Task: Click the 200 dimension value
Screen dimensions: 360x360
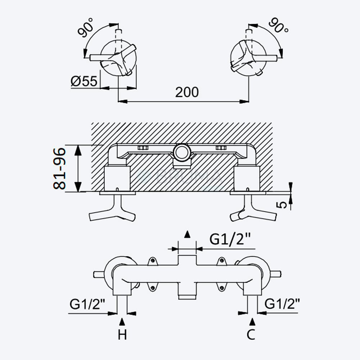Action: [x=187, y=92]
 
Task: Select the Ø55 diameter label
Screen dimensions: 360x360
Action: [x=84, y=81]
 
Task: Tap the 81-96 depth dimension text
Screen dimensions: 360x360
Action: [x=60, y=169]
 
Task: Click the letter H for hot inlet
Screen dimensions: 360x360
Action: [x=122, y=335]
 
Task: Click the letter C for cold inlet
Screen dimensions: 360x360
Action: [x=251, y=335]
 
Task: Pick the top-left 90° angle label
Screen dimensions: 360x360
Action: [x=86, y=27]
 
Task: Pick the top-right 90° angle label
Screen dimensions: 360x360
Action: [x=279, y=26]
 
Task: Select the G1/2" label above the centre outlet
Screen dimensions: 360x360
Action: [x=230, y=239]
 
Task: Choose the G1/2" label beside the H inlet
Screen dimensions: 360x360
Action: [x=87, y=304]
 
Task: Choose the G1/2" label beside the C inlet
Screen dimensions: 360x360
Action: [x=282, y=304]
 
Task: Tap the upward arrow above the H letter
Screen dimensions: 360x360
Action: [x=122, y=321]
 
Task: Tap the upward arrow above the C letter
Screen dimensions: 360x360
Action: [x=252, y=321]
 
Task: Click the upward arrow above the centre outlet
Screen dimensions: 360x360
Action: [x=187, y=234]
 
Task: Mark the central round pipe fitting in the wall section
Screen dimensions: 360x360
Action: [x=182, y=152]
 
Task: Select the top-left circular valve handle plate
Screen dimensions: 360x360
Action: [x=118, y=58]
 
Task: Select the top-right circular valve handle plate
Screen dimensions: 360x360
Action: [x=249, y=58]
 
